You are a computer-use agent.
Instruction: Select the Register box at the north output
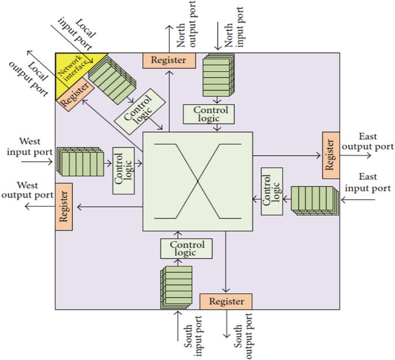(169, 60)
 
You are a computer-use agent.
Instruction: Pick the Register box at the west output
(63, 207)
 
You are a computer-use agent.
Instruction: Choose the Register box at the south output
(226, 301)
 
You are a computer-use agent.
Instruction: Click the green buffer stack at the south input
(176, 287)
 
